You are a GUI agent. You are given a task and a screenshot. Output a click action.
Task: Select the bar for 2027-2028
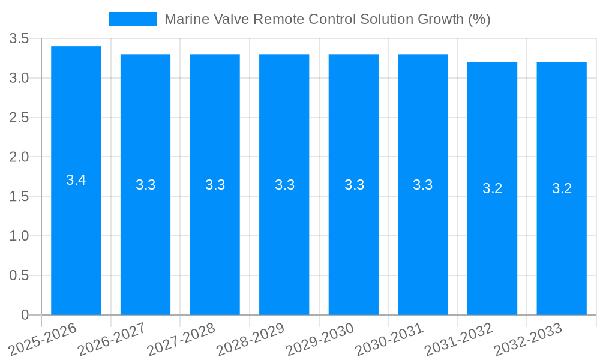click(215, 240)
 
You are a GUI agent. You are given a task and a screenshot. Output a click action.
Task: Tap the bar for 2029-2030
click(353, 240)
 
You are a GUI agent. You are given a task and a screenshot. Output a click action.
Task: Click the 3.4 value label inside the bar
click(76, 180)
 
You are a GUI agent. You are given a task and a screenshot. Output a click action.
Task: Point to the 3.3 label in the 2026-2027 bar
click(145, 185)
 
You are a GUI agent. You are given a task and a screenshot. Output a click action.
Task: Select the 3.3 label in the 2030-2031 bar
click(423, 185)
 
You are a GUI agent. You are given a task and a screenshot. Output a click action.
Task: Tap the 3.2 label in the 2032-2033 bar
click(562, 188)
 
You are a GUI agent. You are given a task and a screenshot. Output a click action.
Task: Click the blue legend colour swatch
click(133, 19)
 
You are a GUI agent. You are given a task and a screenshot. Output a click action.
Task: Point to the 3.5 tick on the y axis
click(19, 39)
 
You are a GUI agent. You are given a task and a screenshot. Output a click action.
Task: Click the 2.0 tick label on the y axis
click(19, 157)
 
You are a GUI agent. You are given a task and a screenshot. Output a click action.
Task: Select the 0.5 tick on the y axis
click(19, 275)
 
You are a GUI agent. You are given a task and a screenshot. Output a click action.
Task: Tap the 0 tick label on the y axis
click(25, 315)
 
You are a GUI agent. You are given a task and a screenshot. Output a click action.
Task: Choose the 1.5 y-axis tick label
click(19, 197)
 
